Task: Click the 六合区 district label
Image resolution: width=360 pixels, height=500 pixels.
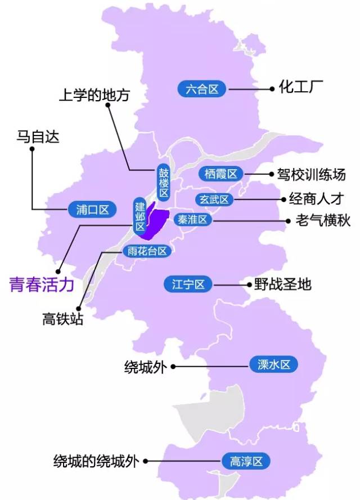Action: click(x=201, y=89)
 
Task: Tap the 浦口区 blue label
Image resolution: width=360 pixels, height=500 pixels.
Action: click(x=92, y=210)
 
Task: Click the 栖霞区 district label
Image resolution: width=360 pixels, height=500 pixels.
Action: click(x=220, y=174)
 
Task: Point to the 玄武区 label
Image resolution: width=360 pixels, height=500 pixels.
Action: click(x=214, y=200)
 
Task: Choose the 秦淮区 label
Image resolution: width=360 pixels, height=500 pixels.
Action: click(x=193, y=219)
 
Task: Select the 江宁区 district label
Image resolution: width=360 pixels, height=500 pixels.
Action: click(x=188, y=285)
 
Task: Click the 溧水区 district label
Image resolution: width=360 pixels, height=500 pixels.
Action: click(x=273, y=365)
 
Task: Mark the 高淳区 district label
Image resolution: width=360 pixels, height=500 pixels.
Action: click(x=246, y=462)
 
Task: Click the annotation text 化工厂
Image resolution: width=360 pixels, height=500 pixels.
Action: click(x=301, y=88)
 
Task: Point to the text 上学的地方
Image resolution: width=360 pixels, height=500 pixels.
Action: click(x=94, y=94)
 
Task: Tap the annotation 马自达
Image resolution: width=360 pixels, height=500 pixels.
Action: click(x=38, y=137)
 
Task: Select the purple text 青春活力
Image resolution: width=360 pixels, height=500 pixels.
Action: click(x=42, y=285)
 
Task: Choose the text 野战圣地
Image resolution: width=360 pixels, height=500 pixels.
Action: click(x=282, y=284)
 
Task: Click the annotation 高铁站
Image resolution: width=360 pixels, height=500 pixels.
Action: click(x=63, y=319)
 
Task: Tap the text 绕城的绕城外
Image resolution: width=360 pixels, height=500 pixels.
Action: click(x=96, y=461)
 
